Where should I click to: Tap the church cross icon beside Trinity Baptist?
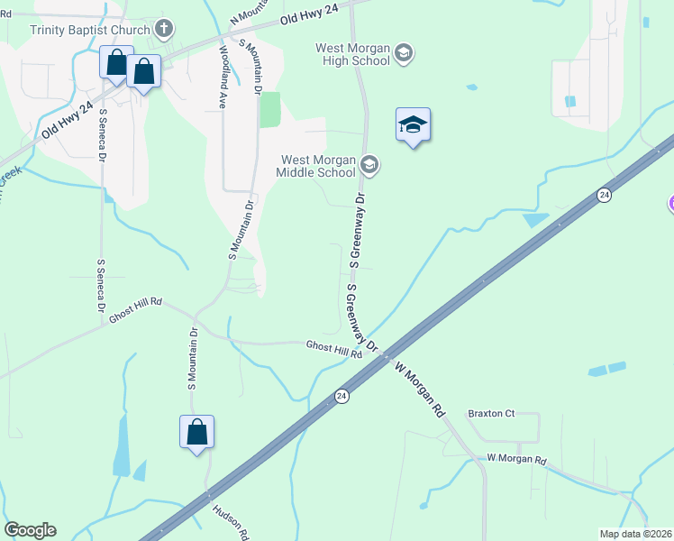pos(163,29)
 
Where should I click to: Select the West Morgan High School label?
pos(352,54)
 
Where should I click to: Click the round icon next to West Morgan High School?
pos(403,53)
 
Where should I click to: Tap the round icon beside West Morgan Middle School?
pos(368,165)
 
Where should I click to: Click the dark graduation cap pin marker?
pos(413,125)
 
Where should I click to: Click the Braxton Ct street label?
pos(491,414)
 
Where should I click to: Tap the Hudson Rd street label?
pos(231,521)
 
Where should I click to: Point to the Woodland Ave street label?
pos(223,78)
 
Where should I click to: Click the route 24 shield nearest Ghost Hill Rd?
pos(342,396)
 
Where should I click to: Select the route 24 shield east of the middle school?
pos(604,195)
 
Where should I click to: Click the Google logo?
pos(30,530)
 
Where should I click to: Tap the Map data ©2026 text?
pos(635,534)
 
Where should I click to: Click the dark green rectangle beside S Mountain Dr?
pos(270,109)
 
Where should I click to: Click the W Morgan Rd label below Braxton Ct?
pos(516,460)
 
